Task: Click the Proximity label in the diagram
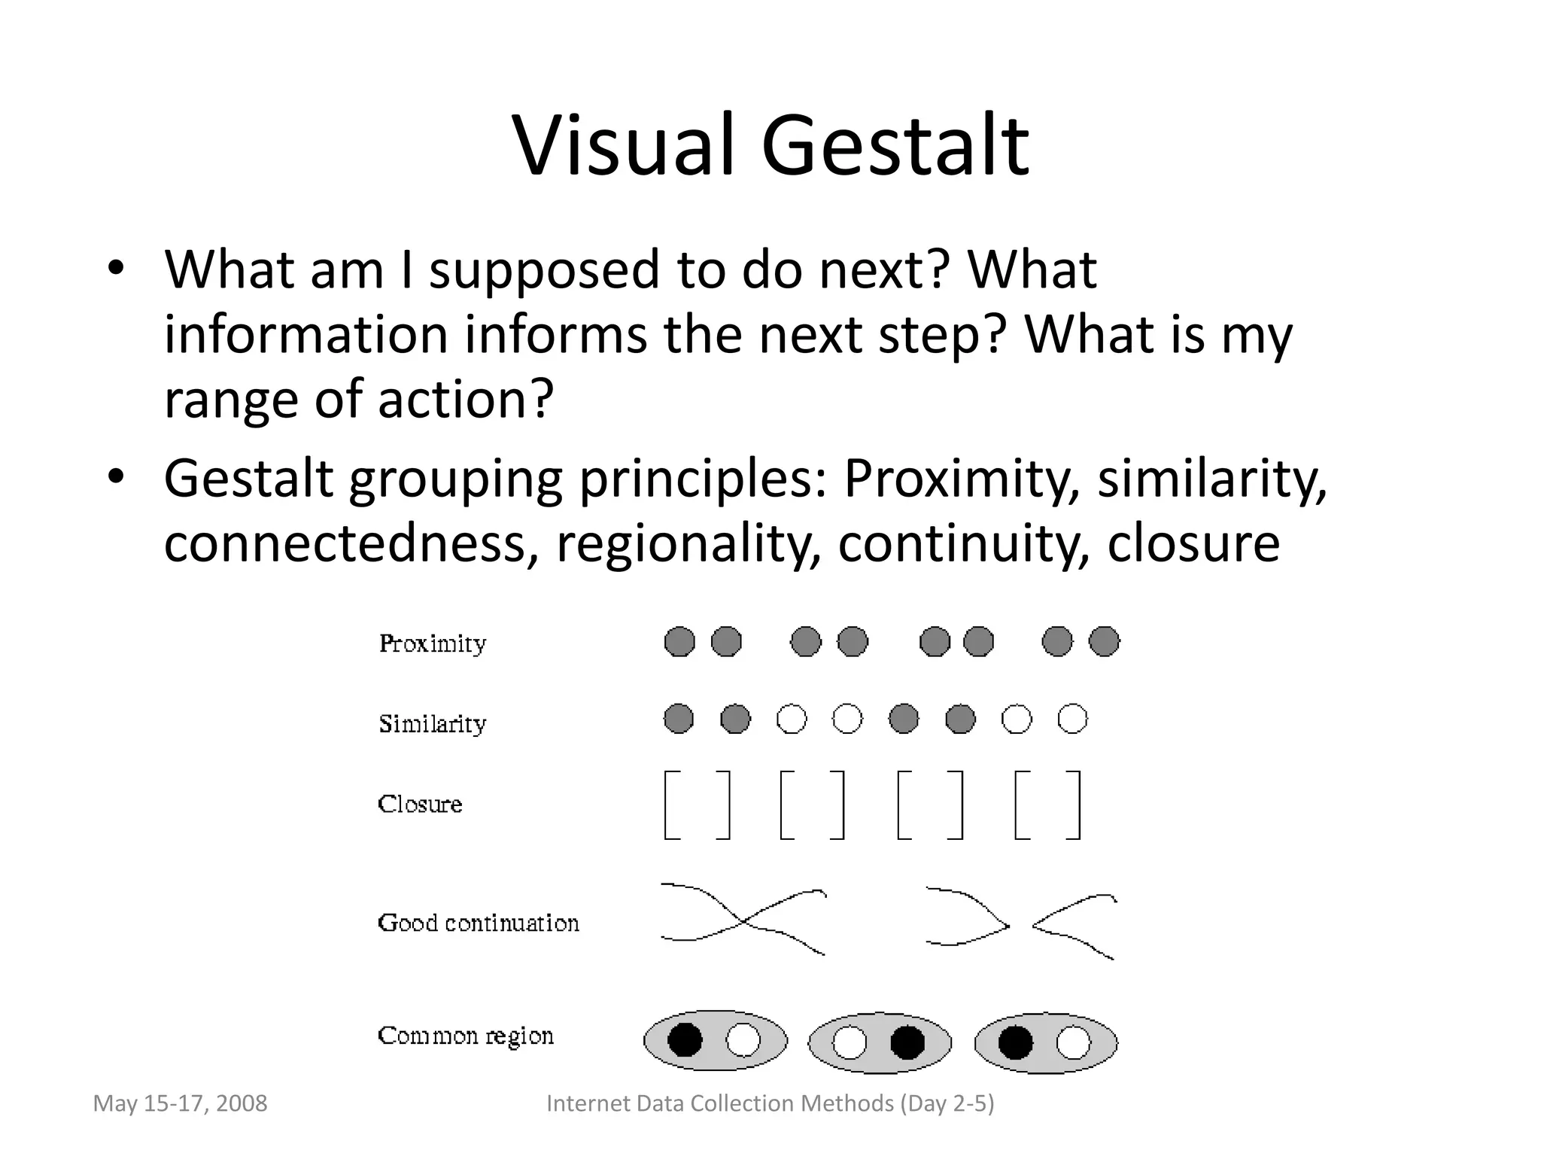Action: [x=433, y=643]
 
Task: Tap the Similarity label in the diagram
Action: [x=433, y=723]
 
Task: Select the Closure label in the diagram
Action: [x=420, y=804]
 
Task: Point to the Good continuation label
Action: [x=479, y=923]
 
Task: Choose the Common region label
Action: [x=466, y=1036]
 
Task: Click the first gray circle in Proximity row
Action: [x=679, y=642]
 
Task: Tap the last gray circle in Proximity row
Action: [x=1104, y=641]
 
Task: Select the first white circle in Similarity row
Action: [x=792, y=719]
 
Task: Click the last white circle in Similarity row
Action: [x=1072, y=718]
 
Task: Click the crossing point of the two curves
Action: [x=743, y=920]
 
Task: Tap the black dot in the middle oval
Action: [x=907, y=1043]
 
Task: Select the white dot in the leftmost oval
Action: [x=743, y=1041]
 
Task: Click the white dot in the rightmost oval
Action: [x=1073, y=1043]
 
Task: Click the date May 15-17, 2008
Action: [x=180, y=1103]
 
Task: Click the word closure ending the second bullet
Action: [x=1193, y=543]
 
